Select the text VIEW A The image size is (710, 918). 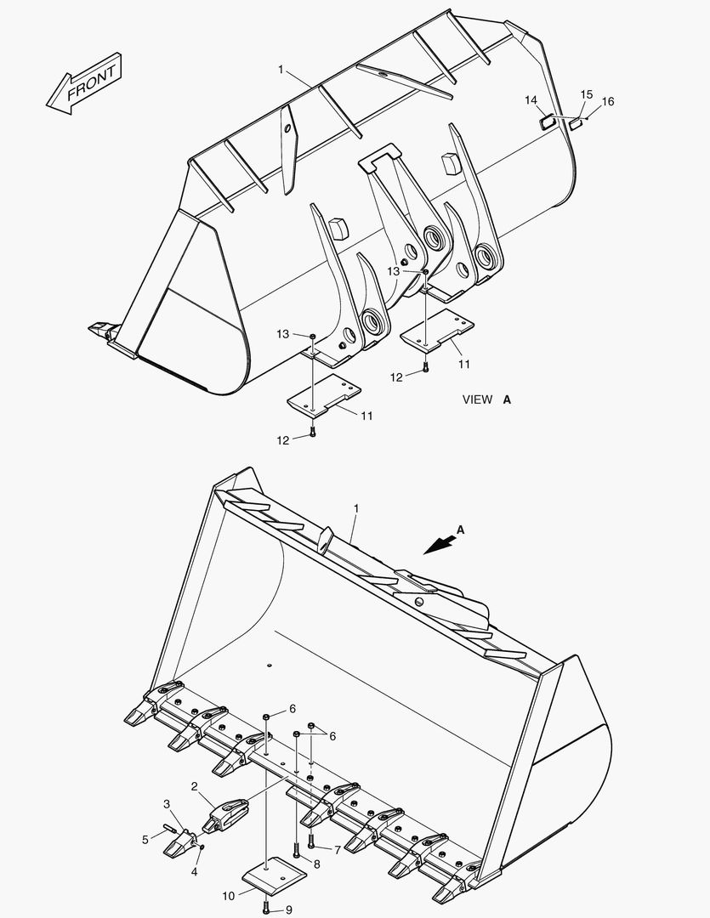pos(486,399)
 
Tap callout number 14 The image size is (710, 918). pos(531,100)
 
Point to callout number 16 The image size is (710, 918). pos(607,102)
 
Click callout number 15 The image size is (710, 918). pos(586,93)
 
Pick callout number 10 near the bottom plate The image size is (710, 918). pos(229,895)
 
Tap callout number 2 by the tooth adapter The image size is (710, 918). pos(194,786)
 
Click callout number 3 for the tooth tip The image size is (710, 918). pos(167,803)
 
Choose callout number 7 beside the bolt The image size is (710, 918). pos(338,849)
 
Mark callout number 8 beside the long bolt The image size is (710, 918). pos(316,864)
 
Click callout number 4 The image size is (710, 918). pos(195,872)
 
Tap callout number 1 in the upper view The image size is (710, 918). pos(281,69)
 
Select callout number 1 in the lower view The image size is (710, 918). pos(355,508)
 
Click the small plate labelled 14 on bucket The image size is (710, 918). pos(548,122)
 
